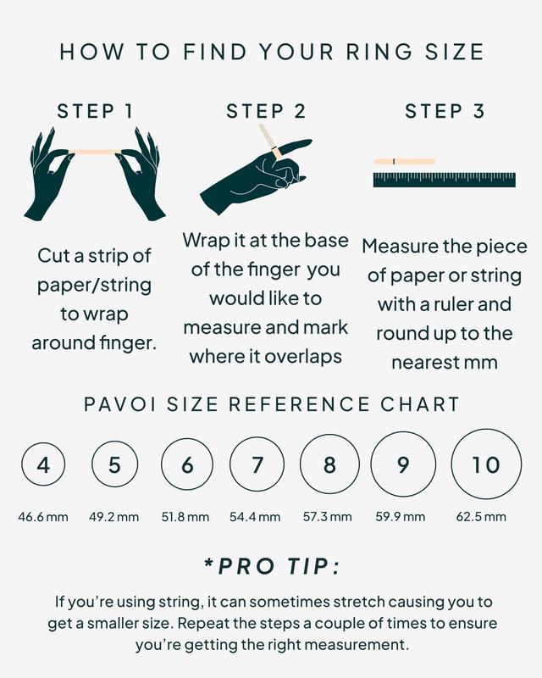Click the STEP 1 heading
(95, 111)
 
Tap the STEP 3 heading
(445, 111)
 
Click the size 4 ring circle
(43, 465)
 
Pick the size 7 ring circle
(257, 465)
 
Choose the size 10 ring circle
(486, 464)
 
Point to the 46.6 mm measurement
(43, 516)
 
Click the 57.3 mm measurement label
(328, 516)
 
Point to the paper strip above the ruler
(405, 161)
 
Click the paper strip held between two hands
(95, 152)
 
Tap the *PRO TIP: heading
(271, 566)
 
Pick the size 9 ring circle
(402, 465)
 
